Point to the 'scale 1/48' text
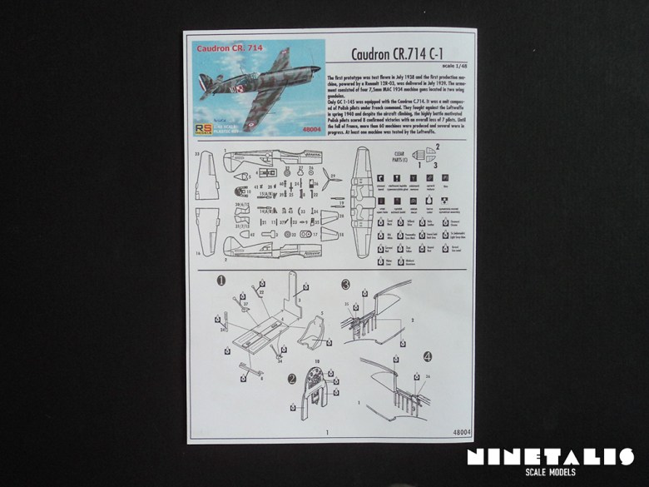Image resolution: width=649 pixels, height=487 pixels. [x=456, y=66]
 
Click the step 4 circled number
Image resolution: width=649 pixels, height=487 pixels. [x=427, y=355]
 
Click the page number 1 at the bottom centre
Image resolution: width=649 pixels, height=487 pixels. [x=328, y=432]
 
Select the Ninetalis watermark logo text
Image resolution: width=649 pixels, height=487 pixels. [x=550, y=456]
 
